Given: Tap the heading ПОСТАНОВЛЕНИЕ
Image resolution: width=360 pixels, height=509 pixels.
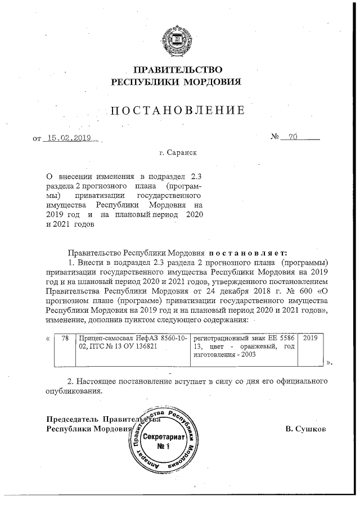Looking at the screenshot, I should point(178,110).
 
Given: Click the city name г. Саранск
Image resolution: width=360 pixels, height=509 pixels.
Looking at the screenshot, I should point(178,152).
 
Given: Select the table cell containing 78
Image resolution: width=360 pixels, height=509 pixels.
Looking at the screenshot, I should point(65,338).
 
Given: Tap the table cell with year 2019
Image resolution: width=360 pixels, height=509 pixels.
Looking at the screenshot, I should point(310,338).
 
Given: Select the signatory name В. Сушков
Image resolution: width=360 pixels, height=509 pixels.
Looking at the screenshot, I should point(306,429).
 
